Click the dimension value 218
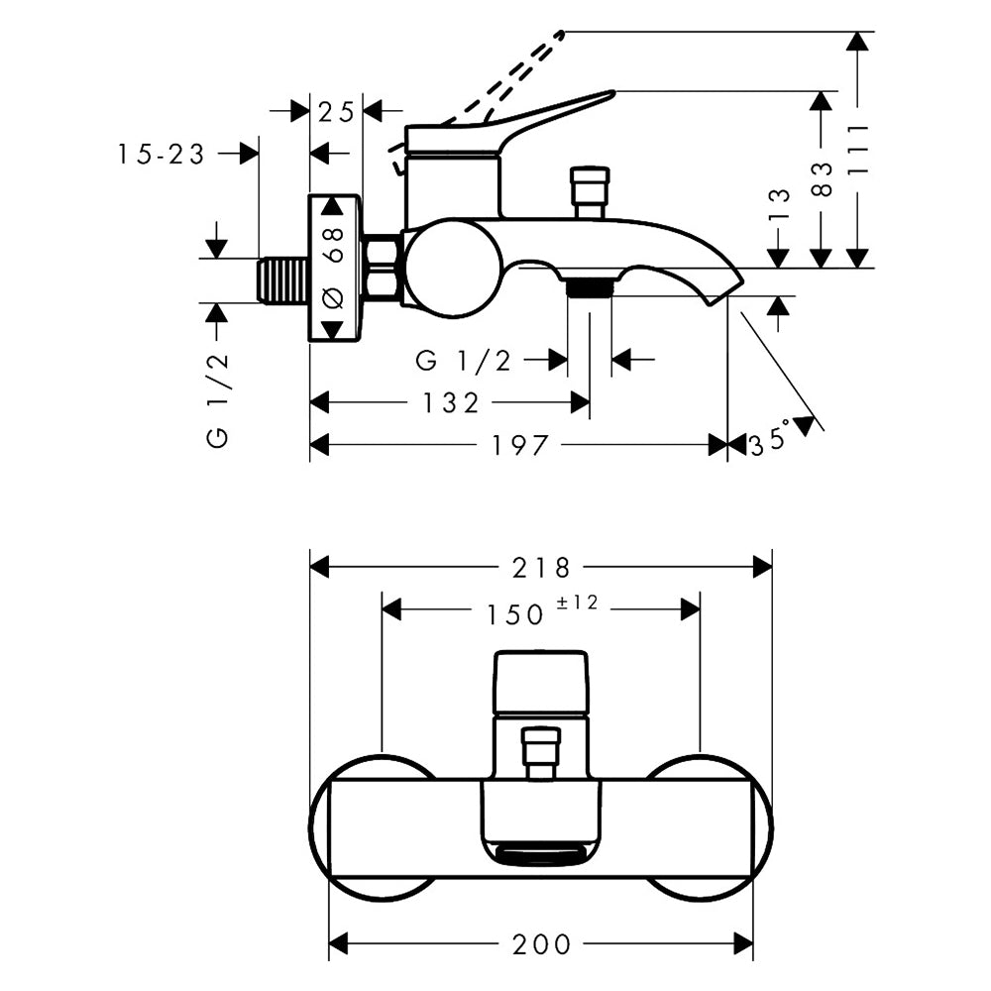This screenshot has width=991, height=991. tap(541, 568)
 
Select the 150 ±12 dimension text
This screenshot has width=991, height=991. tap(541, 611)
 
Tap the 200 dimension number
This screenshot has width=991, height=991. tap(541, 945)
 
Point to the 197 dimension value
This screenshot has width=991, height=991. tap(520, 446)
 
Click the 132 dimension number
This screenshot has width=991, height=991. tap(450, 402)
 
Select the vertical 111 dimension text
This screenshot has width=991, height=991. tap(858, 149)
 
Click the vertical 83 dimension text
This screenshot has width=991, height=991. tap(820, 178)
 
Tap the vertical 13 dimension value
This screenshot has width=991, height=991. tap(779, 203)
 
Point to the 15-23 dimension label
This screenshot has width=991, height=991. tap(162, 154)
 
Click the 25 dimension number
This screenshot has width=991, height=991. tap(337, 112)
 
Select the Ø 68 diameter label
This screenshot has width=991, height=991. tap(334, 268)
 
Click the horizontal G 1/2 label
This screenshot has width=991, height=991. tap(463, 361)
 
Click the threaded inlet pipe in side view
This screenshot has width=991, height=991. tap(283, 279)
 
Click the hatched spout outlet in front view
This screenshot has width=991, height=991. tap(541, 855)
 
